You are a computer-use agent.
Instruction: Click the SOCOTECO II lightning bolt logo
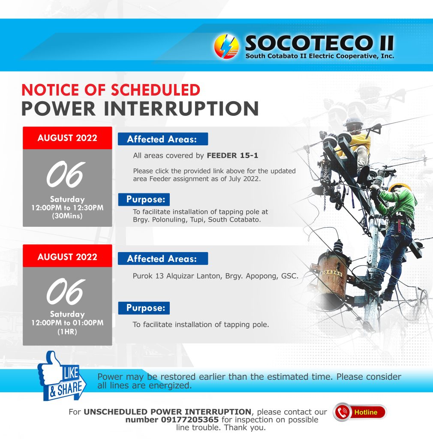tap(226, 46)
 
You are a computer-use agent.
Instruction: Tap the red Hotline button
tap(360, 412)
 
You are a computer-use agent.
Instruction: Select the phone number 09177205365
tap(190, 420)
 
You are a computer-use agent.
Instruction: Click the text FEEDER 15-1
tap(232, 155)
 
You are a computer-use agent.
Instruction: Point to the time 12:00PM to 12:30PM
tap(67, 208)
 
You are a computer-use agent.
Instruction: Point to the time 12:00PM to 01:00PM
tap(67, 323)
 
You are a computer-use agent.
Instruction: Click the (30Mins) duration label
tap(67, 216)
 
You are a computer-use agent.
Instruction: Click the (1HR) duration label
tap(67, 332)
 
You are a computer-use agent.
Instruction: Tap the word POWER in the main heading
tap(58, 108)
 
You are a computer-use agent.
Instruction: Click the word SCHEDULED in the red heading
tap(156, 90)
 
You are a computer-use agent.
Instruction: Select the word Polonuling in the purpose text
tap(169, 219)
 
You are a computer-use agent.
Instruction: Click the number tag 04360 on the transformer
tap(331, 272)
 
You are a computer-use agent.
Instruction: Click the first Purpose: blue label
tap(144, 199)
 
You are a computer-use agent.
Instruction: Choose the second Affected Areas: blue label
tap(163, 259)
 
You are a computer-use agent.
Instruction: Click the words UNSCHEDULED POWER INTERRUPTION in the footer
tap(167, 412)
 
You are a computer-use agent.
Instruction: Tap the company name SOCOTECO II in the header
tap(319, 43)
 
